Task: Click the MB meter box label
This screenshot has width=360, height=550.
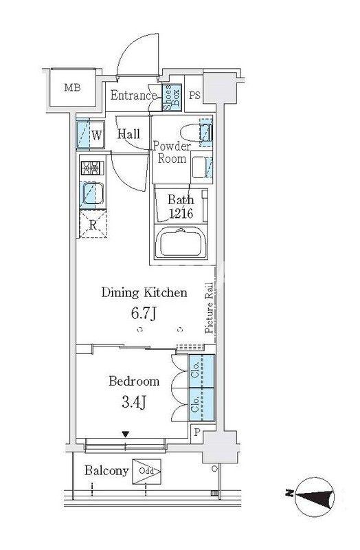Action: pos(72,87)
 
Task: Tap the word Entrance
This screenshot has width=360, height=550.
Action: pos(133,96)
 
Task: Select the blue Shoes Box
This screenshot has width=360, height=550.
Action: pos(172,98)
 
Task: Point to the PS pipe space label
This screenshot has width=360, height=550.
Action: pos(194,95)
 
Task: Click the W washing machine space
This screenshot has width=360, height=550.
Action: pos(91,135)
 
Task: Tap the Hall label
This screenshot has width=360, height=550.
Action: pos(128,133)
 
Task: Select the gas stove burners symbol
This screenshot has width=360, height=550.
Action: pos(93,168)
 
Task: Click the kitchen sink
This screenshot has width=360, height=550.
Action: pos(92,194)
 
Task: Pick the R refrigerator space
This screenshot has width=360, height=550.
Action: pos(93,225)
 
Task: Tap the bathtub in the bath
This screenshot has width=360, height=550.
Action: pos(181,243)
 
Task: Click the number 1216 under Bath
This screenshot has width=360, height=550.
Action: pos(181,213)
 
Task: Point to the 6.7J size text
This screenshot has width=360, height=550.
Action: pos(144,313)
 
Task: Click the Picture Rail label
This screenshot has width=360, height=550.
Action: pos(210,307)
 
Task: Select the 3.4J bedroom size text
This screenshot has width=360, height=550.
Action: pos(133,402)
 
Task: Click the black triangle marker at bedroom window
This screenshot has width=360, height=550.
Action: pos(126,434)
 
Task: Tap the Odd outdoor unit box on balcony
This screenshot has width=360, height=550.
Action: pos(146,472)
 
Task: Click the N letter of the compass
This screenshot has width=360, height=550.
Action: pos(289,495)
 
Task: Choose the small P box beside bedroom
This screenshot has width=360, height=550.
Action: pos(196,432)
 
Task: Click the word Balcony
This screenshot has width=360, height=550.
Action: pos(106,471)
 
